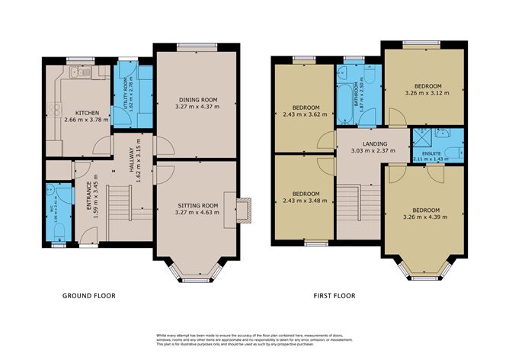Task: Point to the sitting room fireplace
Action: coord(243,210)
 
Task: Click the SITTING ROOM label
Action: coord(197,205)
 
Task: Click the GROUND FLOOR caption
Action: coord(89,295)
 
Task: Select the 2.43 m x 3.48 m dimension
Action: coord(304,200)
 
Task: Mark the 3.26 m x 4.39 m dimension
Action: coord(424,216)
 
